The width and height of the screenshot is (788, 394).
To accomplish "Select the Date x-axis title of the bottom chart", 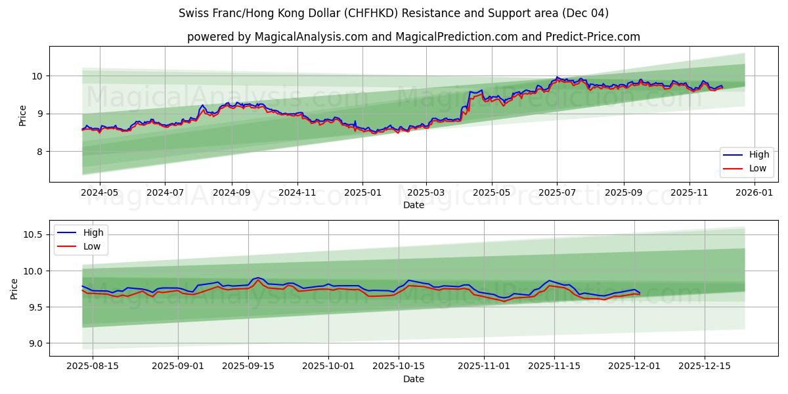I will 414,379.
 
